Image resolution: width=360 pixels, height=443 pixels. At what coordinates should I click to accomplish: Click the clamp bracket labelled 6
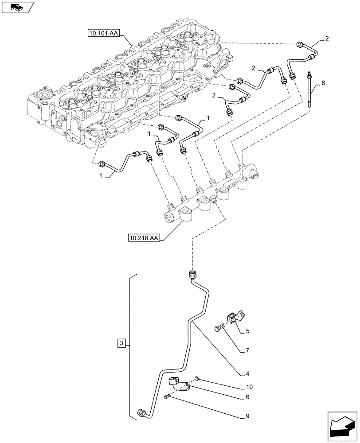180,384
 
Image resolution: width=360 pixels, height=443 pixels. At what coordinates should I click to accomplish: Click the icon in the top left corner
17,7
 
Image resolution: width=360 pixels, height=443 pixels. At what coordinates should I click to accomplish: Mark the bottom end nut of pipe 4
142,413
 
